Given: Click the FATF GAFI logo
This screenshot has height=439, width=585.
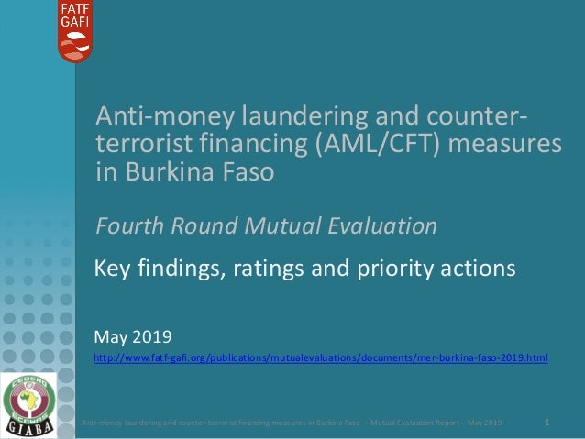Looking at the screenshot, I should pyautogui.click(x=75, y=31).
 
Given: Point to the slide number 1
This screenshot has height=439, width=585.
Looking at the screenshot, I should pyautogui.click(x=547, y=423).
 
